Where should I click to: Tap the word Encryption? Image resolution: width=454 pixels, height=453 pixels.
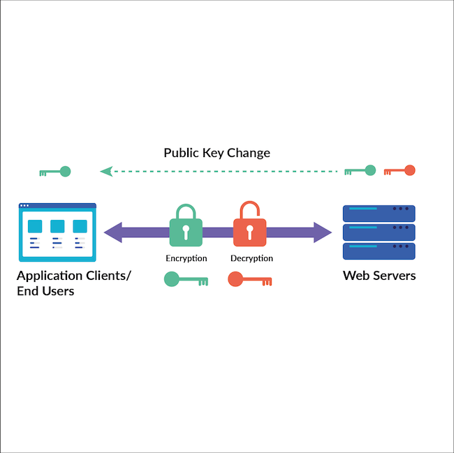(x=186, y=258)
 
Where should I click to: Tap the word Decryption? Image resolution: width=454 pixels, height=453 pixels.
(x=251, y=258)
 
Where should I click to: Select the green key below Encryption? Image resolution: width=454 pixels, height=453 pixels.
(x=185, y=280)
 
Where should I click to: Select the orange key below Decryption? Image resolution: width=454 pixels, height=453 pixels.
(x=249, y=280)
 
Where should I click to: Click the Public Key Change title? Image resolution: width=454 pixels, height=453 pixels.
(x=217, y=152)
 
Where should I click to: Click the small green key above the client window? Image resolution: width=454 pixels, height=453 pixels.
(x=56, y=171)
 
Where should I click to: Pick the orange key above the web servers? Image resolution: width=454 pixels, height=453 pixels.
(x=400, y=170)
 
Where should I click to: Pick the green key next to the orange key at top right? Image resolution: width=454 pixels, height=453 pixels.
(x=360, y=170)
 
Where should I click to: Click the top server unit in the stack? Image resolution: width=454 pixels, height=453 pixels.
(x=379, y=213)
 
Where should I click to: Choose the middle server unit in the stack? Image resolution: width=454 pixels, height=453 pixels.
(x=379, y=232)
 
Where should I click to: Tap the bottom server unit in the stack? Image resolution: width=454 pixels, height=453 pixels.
(x=379, y=251)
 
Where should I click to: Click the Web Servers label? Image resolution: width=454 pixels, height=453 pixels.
(x=379, y=276)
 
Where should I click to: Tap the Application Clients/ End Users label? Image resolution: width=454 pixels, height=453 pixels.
(x=73, y=283)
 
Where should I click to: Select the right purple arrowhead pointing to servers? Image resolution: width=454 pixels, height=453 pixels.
(x=322, y=232)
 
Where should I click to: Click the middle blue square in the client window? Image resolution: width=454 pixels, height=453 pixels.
(x=57, y=226)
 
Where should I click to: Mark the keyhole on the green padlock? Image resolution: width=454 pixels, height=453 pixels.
(x=186, y=232)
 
